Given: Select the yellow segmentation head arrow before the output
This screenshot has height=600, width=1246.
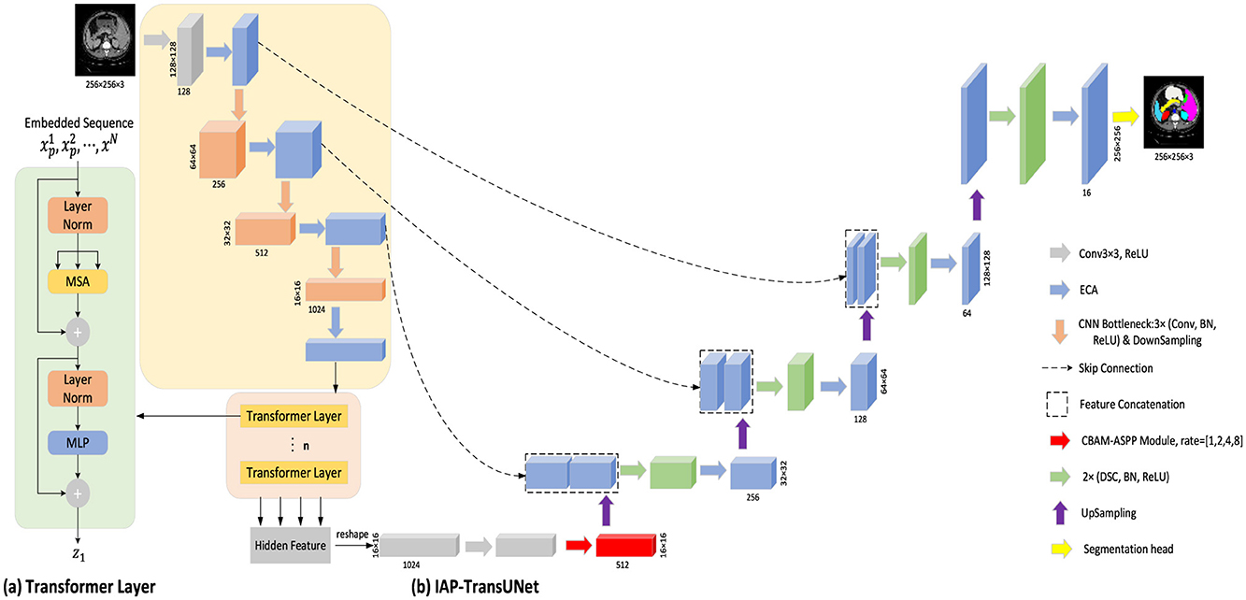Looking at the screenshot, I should (1124, 116).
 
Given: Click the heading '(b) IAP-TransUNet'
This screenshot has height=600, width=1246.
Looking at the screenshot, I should (477, 588).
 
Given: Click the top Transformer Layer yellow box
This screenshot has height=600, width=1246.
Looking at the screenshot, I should (294, 416).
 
